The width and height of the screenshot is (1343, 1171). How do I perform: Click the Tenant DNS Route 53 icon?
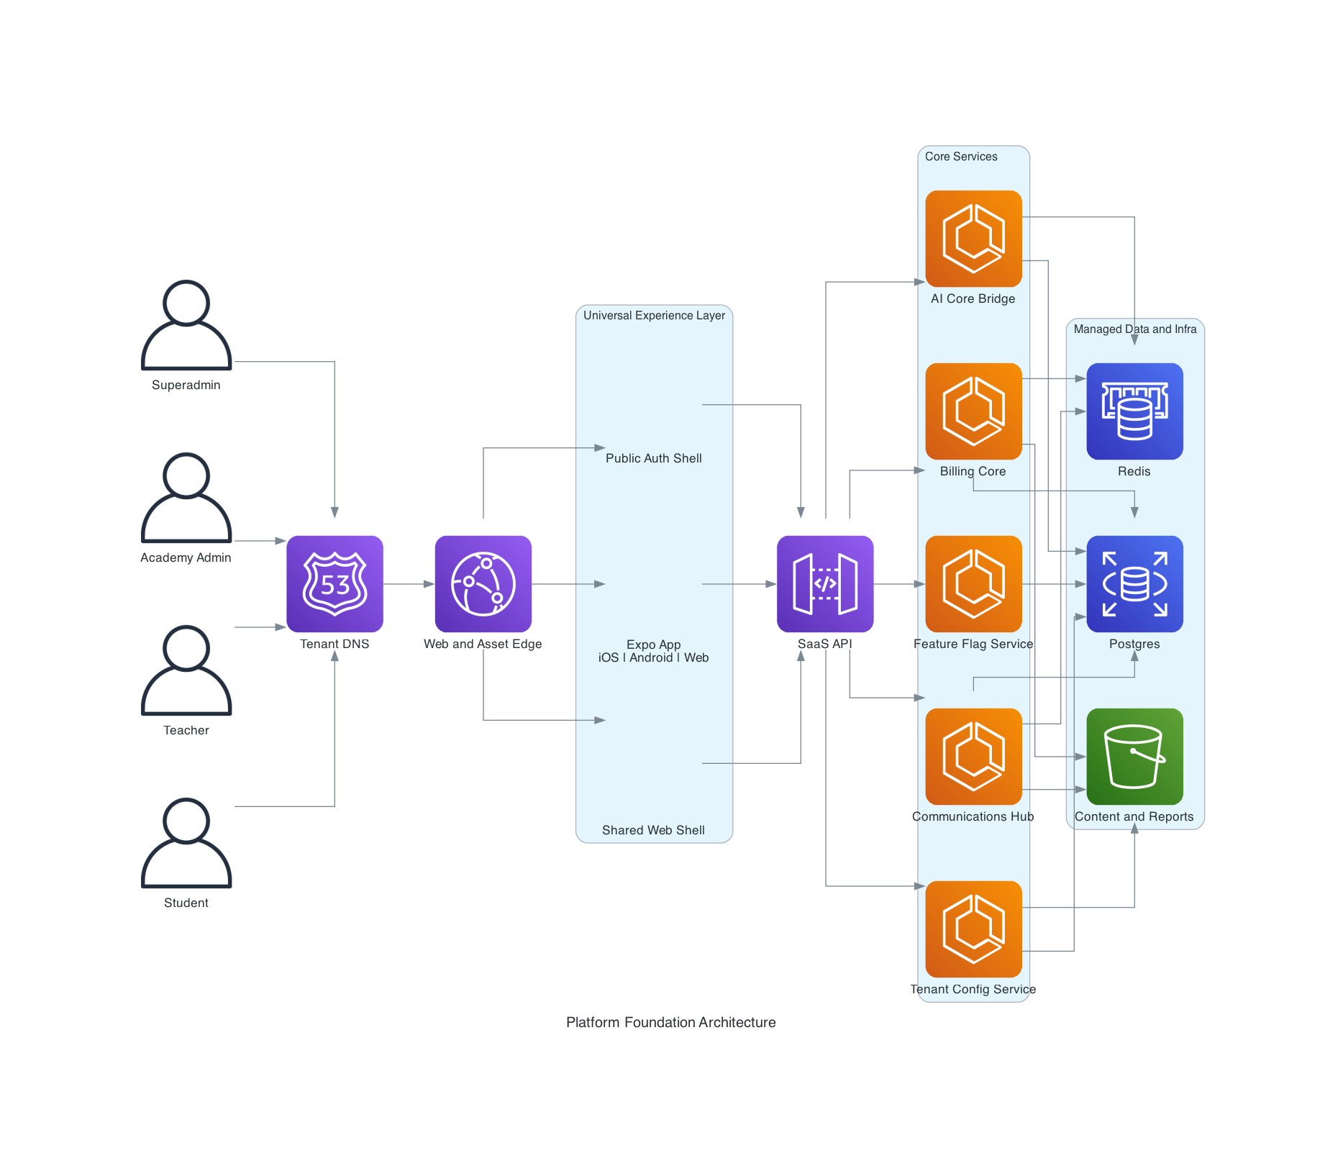click(334, 583)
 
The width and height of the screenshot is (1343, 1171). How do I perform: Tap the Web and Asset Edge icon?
click(483, 583)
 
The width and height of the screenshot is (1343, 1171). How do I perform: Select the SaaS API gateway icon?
click(825, 583)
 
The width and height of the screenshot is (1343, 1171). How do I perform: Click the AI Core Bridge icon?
click(973, 238)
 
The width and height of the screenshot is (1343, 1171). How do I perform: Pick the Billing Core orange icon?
click(973, 411)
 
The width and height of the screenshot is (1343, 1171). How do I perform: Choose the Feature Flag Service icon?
click(973, 583)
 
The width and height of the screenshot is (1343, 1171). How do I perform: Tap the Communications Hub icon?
click(973, 756)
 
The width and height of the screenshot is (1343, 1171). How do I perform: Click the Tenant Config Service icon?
click(973, 929)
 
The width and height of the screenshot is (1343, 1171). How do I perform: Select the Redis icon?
click(1134, 411)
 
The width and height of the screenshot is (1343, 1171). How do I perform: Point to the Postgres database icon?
click(1134, 583)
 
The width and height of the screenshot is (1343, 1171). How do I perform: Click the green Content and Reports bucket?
click(1134, 756)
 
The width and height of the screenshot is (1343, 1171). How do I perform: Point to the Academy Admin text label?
click(186, 557)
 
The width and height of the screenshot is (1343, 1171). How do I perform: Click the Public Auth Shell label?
click(653, 458)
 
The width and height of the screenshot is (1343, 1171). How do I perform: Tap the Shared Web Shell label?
click(653, 830)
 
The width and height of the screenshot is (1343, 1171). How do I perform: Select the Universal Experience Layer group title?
click(654, 315)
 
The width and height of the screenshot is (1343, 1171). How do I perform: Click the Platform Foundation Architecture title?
click(670, 1022)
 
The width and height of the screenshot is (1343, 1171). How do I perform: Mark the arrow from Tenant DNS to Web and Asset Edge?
click(409, 584)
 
